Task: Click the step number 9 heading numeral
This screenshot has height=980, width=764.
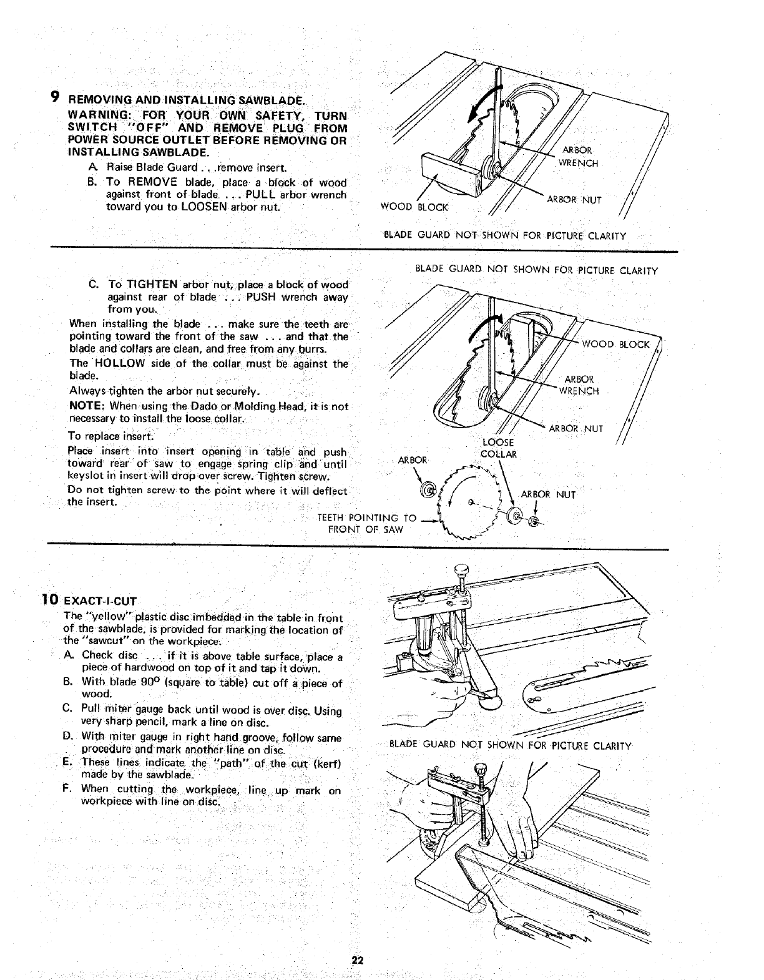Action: tap(55, 97)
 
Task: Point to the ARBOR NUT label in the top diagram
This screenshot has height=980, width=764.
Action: tap(573, 200)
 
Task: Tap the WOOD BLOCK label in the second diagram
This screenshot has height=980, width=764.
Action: tap(615, 345)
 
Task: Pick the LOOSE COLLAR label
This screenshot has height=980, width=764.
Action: tap(498, 448)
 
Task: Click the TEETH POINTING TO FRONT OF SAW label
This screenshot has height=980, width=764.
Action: tap(367, 523)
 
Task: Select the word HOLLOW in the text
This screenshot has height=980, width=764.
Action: tap(119, 364)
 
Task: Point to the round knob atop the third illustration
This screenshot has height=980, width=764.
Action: tap(463, 569)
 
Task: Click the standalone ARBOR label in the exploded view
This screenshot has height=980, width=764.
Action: tap(412, 460)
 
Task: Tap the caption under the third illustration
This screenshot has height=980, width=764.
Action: tap(510, 745)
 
